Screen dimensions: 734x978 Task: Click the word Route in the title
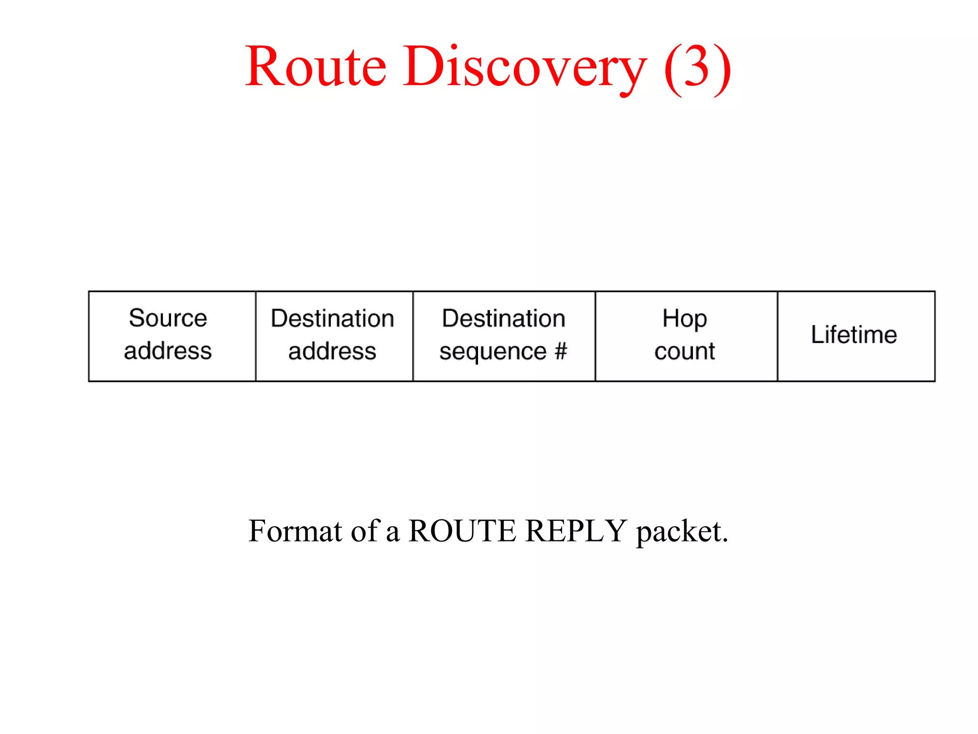click(x=316, y=66)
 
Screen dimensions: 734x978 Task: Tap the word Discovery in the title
click(x=525, y=66)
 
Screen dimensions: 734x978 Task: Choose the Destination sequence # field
click(x=504, y=336)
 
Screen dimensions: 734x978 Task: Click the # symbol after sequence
click(x=561, y=351)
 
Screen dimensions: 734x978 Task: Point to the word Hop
click(x=685, y=319)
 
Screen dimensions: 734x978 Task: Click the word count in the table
click(x=685, y=352)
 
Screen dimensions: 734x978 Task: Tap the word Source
click(x=168, y=318)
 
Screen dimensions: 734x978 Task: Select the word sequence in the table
click(x=493, y=352)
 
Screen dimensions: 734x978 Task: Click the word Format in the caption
click(x=295, y=531)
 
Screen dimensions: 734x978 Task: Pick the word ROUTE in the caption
click(x=462, y=531)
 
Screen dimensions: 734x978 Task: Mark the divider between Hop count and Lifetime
click(x=777, y=336)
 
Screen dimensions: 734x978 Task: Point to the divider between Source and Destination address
click(x=255, y=336)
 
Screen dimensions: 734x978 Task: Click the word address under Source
click(x=168, y=351)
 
